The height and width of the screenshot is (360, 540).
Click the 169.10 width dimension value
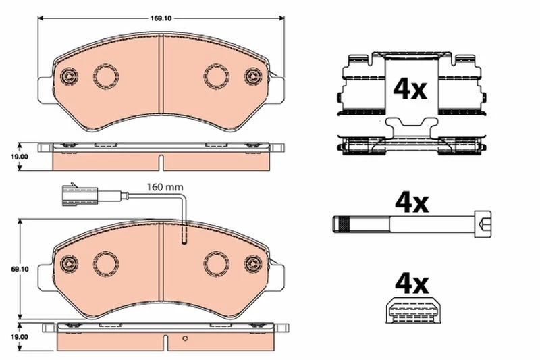pyautogui.click(x=161, y=18)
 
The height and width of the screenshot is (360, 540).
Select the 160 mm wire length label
pyautogui.click(x=165, y=187)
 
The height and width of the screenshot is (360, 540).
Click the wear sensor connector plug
pyautogui.click(x=80, y=196)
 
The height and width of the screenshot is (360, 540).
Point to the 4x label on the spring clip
pyautogui.click(x=410, y=89)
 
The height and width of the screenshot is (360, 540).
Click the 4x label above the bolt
pyautogui.click(x=412, y=203)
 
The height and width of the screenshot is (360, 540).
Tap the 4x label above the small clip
pyautogui.click(x=412, y=284)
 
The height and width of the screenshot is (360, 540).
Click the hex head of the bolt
pyautogui.click(x=483, y=224)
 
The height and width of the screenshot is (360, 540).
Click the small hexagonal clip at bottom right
pyautogui.click(x=413, y=309)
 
